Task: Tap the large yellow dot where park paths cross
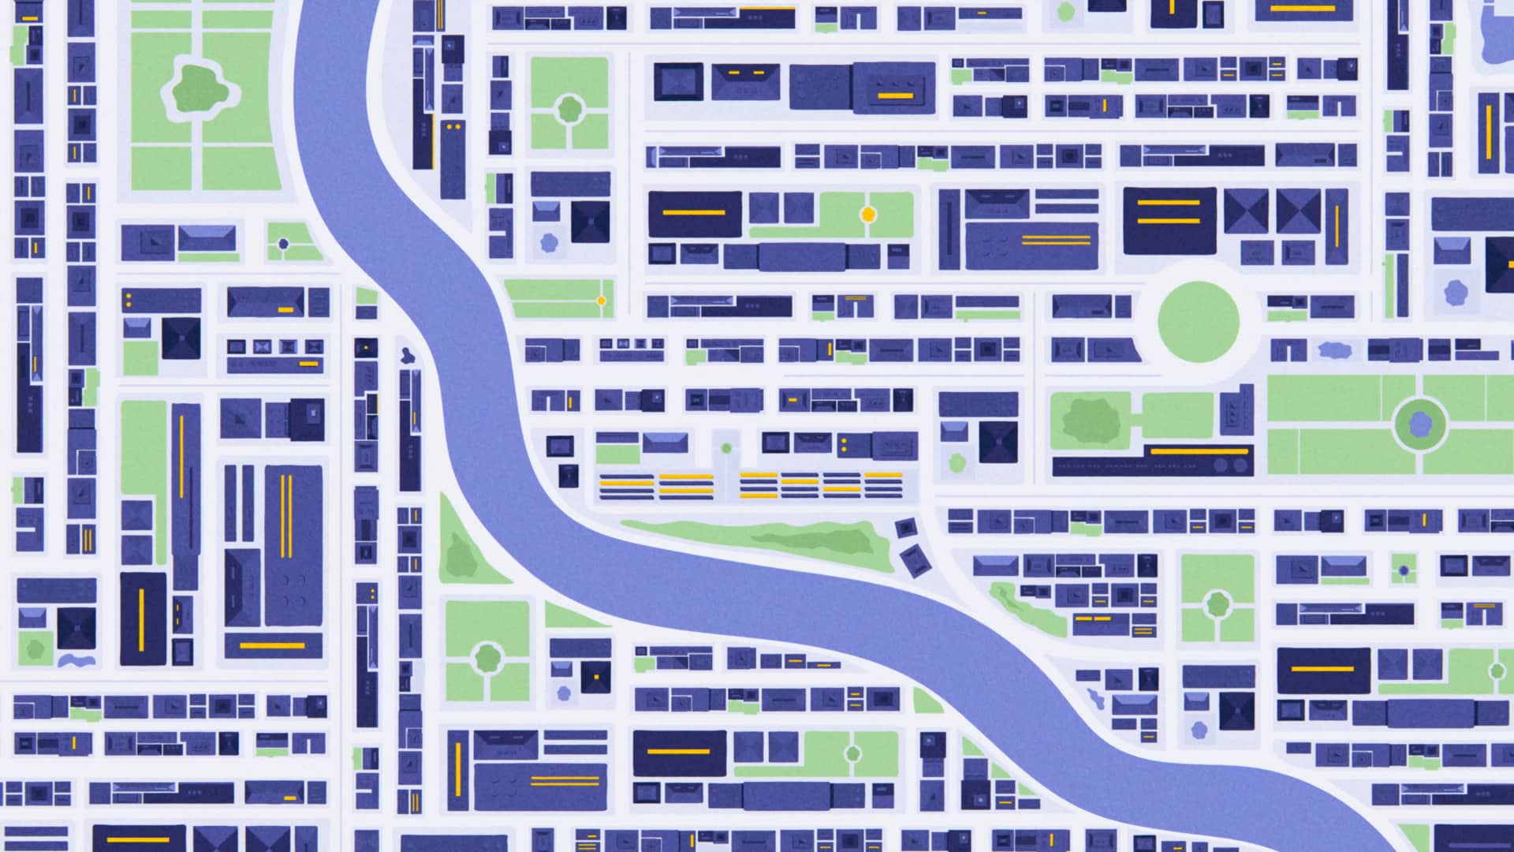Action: pyautogui.click(x=867, y=214)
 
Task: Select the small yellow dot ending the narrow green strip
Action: pyautogui.click(x=601, y=301)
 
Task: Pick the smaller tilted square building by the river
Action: pyautogui.click(x=906, y=527)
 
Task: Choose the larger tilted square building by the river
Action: pyautogui.click(x=915, y=559)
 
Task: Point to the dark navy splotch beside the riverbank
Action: pyautogui.click(x=407, y=355)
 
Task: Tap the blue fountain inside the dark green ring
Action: pyautogui.click(x=1420, y=424)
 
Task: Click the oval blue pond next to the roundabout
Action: pyautogui.click(x=1334, y=349)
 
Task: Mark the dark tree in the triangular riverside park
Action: pyautogui.click(x=460, y=555)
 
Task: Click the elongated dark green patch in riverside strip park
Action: pyautogui.click(x=820, y=540)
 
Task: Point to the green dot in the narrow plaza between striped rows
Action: pyautogui.click(x=726, y=448)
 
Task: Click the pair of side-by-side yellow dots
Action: pyautogui.click(x=453, y=126)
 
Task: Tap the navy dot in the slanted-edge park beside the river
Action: pyautogui.click(x=284, y=245)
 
